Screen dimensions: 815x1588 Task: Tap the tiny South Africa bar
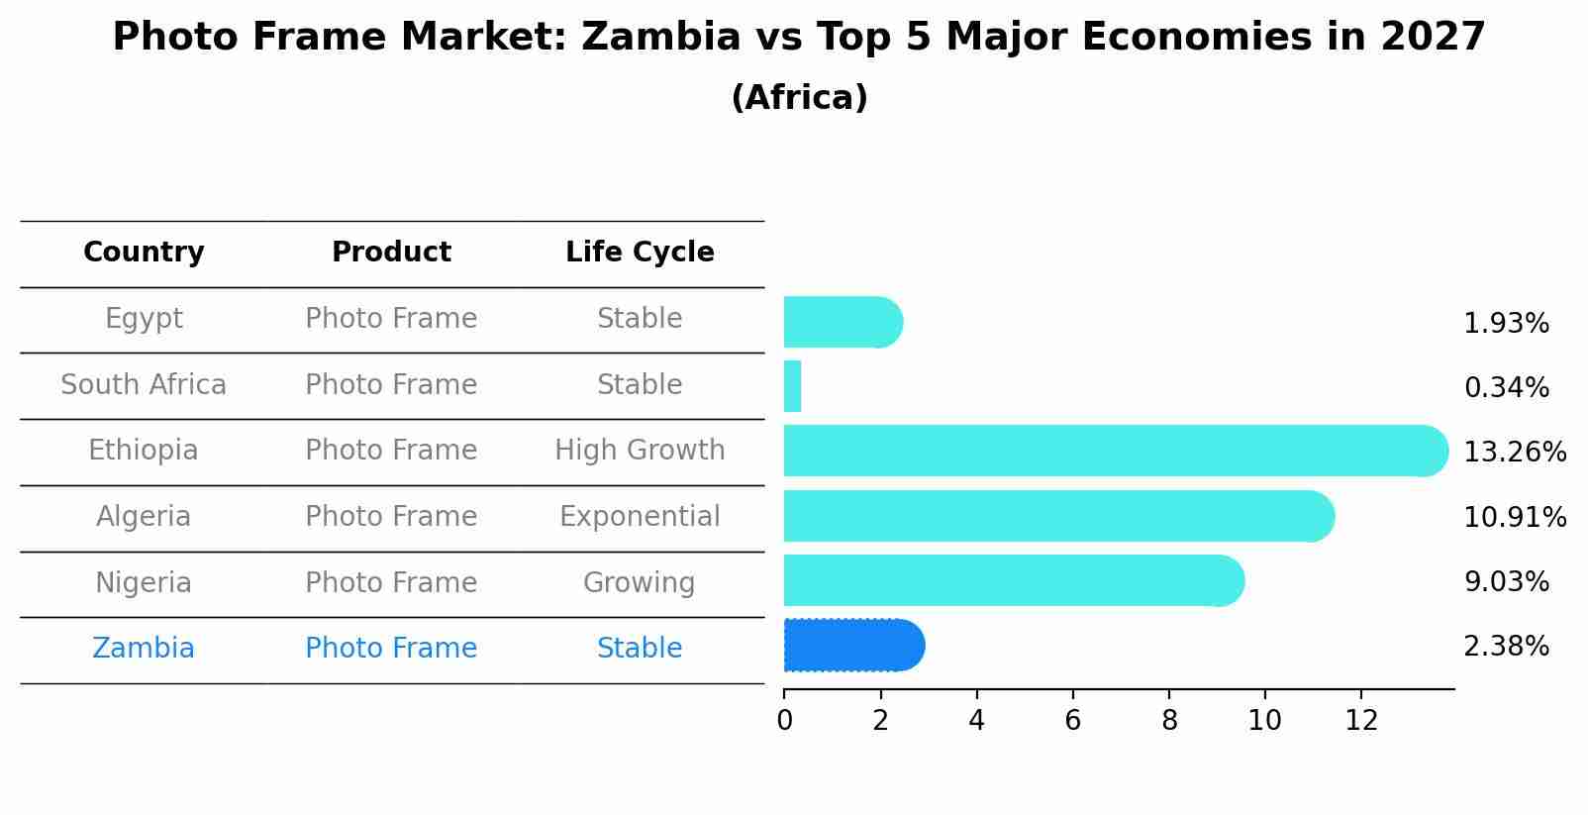coord(792,386)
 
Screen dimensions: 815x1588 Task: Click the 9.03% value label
coord(1506,581)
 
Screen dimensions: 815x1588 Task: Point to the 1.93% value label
coord(1506,323)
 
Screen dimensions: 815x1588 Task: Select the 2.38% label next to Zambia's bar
coord(1506,646)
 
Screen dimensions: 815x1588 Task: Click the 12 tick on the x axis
coord(1361,720)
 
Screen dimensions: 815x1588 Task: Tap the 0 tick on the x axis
coord(784,720)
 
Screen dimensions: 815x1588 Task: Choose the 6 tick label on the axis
coord(1072,720)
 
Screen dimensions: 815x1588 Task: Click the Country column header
coord(144,253)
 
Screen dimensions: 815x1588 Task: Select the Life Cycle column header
coord(640,253)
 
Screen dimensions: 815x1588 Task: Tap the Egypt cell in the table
coord(144,319)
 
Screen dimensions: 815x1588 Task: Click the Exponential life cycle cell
coord(640,517)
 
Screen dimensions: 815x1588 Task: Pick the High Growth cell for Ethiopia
coord(640,451)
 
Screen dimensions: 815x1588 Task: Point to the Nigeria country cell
coord(144,582)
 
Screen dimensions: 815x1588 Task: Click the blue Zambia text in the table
coord(144,649)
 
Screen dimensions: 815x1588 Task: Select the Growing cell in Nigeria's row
coord(640,582)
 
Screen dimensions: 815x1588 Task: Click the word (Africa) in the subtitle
coord(799,97)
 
